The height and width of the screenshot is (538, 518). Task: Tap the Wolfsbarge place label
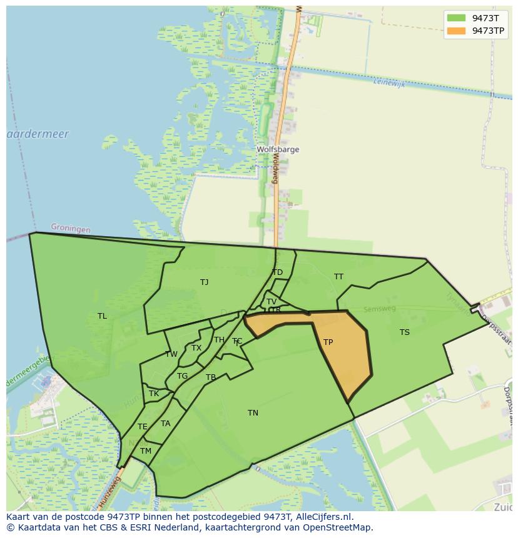(x=278, y=150)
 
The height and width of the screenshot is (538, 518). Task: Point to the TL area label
(x=102, y=316)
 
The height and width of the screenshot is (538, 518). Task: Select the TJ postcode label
(x=204, y=282)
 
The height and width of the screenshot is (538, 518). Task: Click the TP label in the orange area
(x=328, y=342)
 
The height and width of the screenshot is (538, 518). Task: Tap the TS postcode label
(x=405, y=332)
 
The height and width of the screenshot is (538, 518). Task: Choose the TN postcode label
(x=253, y=413)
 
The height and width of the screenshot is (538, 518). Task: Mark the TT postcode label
(x=338, y=277)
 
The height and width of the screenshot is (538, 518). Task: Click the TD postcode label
(x=277, y=272)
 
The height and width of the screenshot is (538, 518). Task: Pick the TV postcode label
(x=272, y=302)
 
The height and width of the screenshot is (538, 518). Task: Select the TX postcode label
(x=196, y=348)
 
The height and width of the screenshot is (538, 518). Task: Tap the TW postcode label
(x=171, y=354)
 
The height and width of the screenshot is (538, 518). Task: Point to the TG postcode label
(x=182, y=376)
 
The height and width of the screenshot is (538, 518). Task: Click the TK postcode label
(x=153, y=394)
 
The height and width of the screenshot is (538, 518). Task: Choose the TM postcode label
(x=146, y=451)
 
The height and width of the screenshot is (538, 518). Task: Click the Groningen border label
(x=70, y=229)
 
